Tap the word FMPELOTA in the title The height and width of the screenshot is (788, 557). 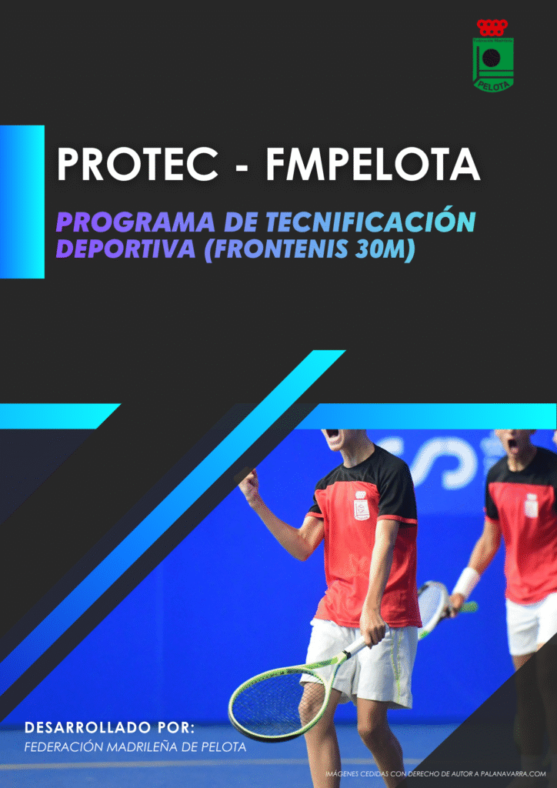coord(372,165)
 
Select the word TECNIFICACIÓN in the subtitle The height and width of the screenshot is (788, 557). coord(369,222)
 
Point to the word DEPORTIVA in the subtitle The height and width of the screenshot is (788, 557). coord(125,249)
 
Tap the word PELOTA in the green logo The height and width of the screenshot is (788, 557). coord(494,85)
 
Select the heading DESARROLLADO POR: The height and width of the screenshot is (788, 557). coord(109,727)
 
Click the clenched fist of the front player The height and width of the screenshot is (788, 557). coord(249,484)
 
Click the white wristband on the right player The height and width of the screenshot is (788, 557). coord(466,582)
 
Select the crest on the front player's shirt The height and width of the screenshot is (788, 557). coord(361,505)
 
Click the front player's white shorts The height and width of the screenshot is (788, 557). coord(359,661)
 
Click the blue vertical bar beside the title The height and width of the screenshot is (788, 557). coord(22,202)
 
